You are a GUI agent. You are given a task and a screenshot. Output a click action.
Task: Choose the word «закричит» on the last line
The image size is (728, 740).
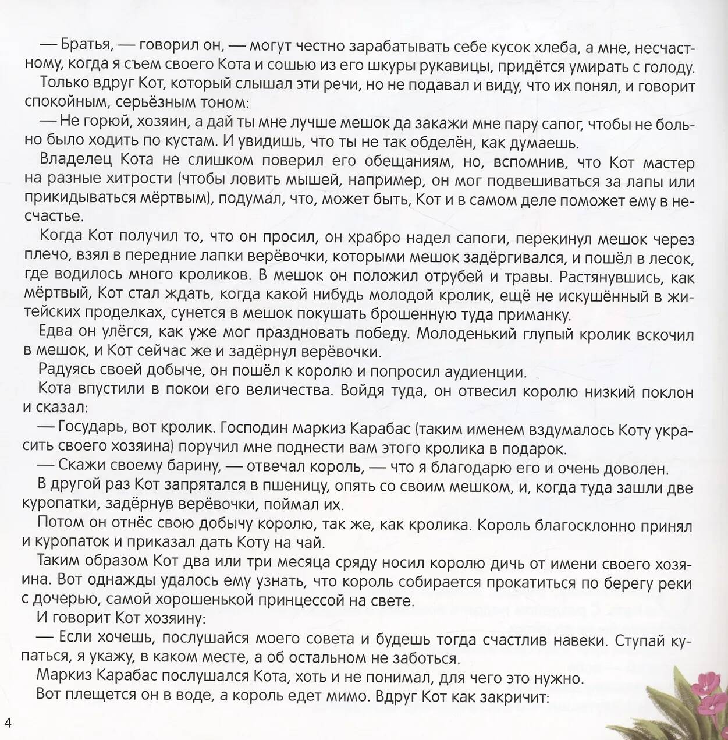click(509, 696)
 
